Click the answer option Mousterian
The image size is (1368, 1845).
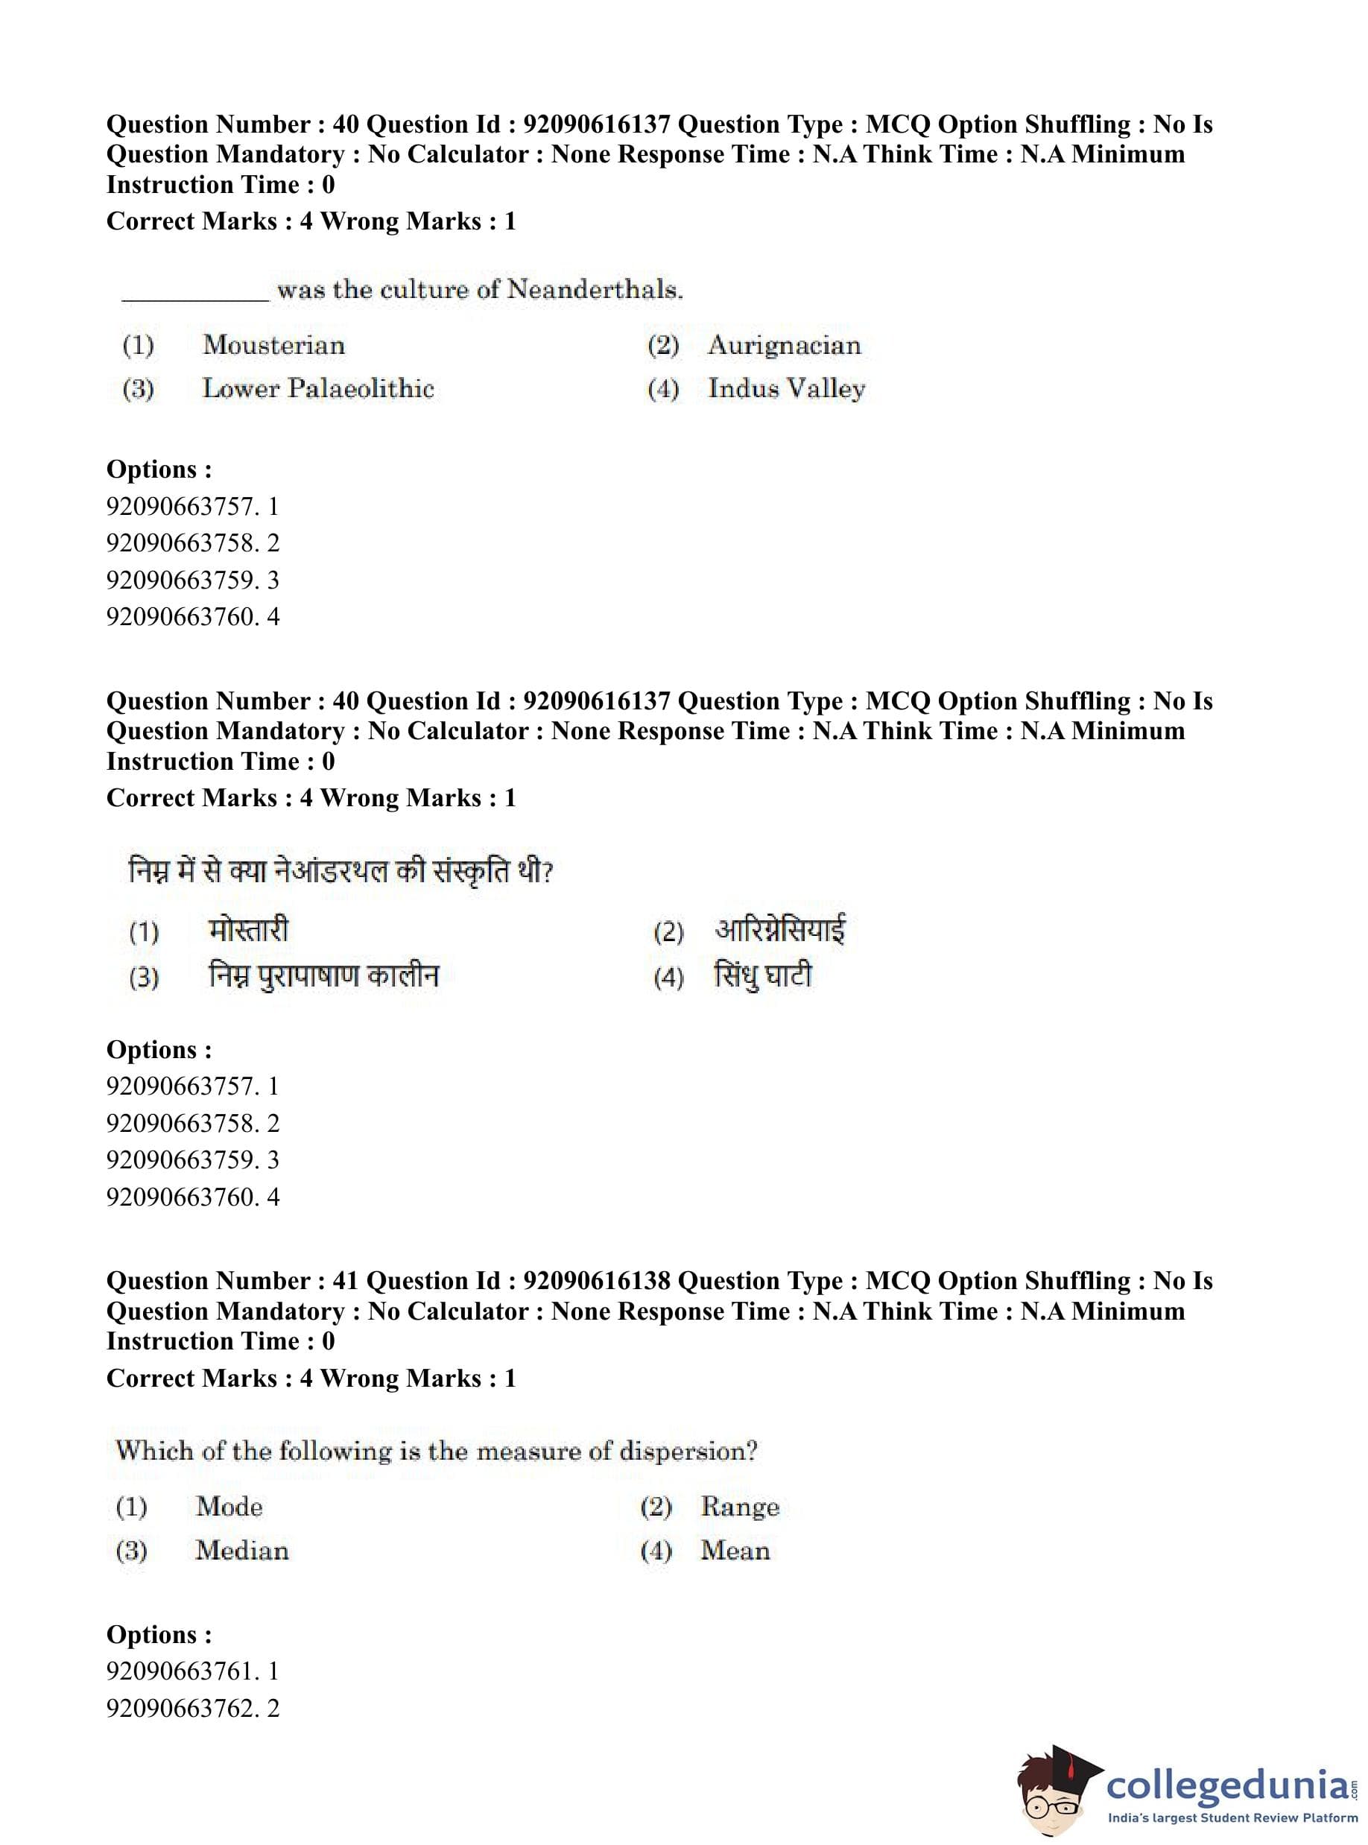pyautogui.click(x=273, y=345)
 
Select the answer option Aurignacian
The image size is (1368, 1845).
pyautogui.click(x=783, y=345)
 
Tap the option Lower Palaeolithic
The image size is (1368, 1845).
pyautogui.click(x=318, y=388)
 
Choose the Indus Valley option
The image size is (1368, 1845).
pyautogui.click(x=786, y=388)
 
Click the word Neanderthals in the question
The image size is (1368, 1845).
pyautogui.click(x=594, y=290)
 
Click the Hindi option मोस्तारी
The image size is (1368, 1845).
pyautogui.click(x=248, y=930)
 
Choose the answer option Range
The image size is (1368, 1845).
pyautogui.click(x=739, y=1506)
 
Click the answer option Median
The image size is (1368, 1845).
pyautogui.click(x=242, y=1550)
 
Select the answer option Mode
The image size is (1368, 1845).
pyautogui.click(x=229, y=1506)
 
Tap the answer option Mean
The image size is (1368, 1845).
pyautogui.click(x=735, y=1550)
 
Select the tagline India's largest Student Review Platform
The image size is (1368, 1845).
pyautogui.click(x=1232, y=1817)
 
